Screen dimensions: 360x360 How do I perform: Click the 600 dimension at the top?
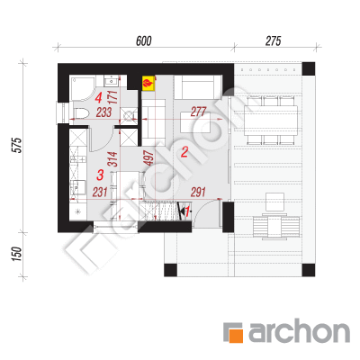coord(144,41)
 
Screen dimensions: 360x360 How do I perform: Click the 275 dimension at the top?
coord(273,41)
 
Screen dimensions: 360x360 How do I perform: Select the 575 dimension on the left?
coord(18,145)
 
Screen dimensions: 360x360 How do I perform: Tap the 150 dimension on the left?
coord(17,254)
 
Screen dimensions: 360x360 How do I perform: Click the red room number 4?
coord(99,98)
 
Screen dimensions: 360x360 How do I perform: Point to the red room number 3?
coord(100,175)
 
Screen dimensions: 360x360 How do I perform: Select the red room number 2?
coord(184,152)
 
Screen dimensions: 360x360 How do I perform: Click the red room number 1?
coord(187,211)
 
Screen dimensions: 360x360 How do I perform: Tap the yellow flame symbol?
coord(148,83)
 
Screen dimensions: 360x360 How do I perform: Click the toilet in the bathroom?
coord(81,113)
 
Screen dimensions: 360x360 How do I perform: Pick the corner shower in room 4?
coord(82,88)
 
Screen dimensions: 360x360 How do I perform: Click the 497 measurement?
coord(148,158)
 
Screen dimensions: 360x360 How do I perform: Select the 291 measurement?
coord(198,192)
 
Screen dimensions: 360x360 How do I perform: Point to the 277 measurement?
coord(198,112)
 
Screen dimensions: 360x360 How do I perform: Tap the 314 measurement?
coord(112,159)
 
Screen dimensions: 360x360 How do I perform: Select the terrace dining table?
coord(271,121)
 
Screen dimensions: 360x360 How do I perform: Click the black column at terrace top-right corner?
coord(309,68)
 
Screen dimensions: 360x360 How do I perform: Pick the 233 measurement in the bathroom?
coord(103,112)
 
